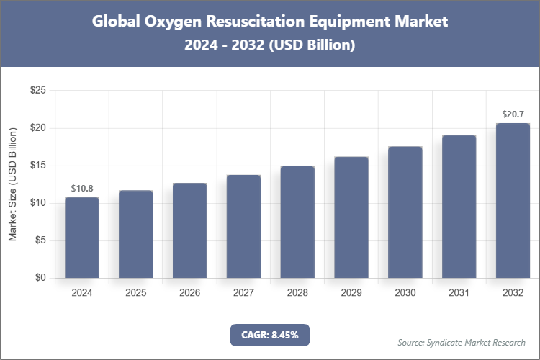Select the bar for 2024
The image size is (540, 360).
pos(82,238)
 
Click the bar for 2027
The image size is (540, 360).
pos(243,226)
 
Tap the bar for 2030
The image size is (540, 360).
pos(405,212)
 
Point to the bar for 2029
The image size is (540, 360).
pos(351,217)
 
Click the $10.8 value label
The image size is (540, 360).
pos(82,189)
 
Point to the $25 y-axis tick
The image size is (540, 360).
pos(38,91)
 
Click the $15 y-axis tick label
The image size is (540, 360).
pos(38,166)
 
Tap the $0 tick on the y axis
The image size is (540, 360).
pos(41,278)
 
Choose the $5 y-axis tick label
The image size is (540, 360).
pos(41,240)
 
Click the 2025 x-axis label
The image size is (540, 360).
pos(136,293)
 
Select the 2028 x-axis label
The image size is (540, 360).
pos(297,293)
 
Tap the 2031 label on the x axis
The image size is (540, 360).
pos(459,293)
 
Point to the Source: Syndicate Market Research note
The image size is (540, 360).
pos(461,342)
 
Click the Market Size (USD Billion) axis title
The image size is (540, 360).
pos(13,184)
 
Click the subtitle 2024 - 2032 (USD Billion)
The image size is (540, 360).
pos(270,45)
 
